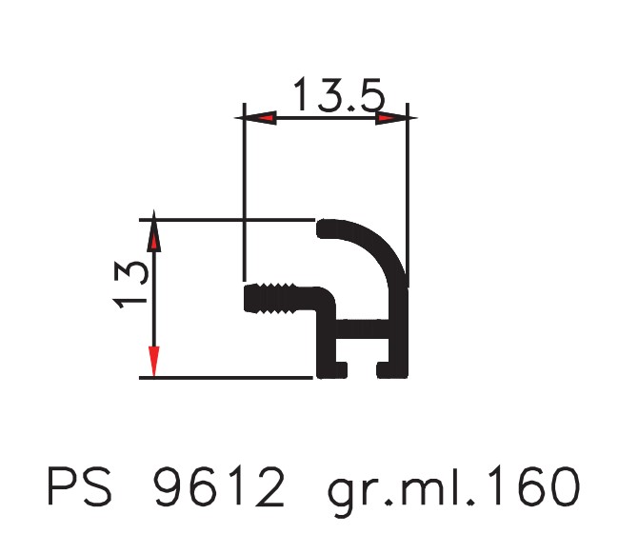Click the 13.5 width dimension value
point(339,95)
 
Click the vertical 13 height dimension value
point(130,286)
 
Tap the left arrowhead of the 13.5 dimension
point(255,118)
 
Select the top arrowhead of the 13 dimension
point(153,231)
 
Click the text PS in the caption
point(80,486)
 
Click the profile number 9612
point(219,486)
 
